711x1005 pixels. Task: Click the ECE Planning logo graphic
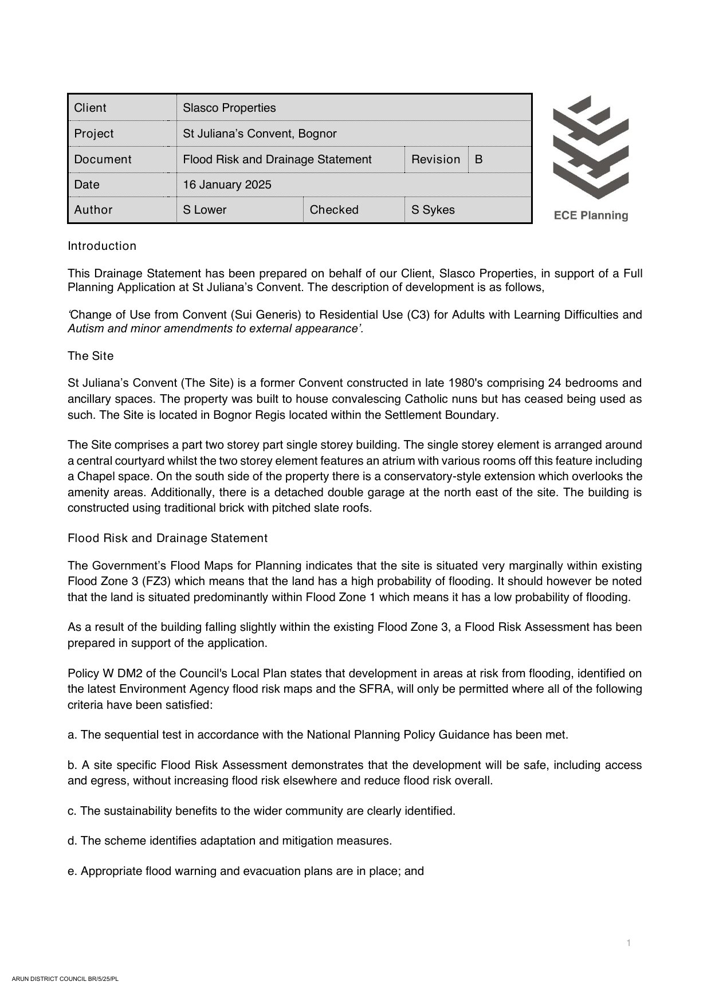591,147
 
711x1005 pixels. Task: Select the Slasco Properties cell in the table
229,108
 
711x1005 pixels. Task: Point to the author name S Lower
205,210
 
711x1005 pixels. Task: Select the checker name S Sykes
433,210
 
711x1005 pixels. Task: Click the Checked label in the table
334,210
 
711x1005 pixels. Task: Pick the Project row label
94,134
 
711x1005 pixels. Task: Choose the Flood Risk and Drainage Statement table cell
277,159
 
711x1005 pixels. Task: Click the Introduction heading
102,246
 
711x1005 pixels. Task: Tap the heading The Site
91,356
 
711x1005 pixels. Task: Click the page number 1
628,943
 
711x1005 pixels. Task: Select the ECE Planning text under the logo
591,215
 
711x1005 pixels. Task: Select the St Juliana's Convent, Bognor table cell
260,134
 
